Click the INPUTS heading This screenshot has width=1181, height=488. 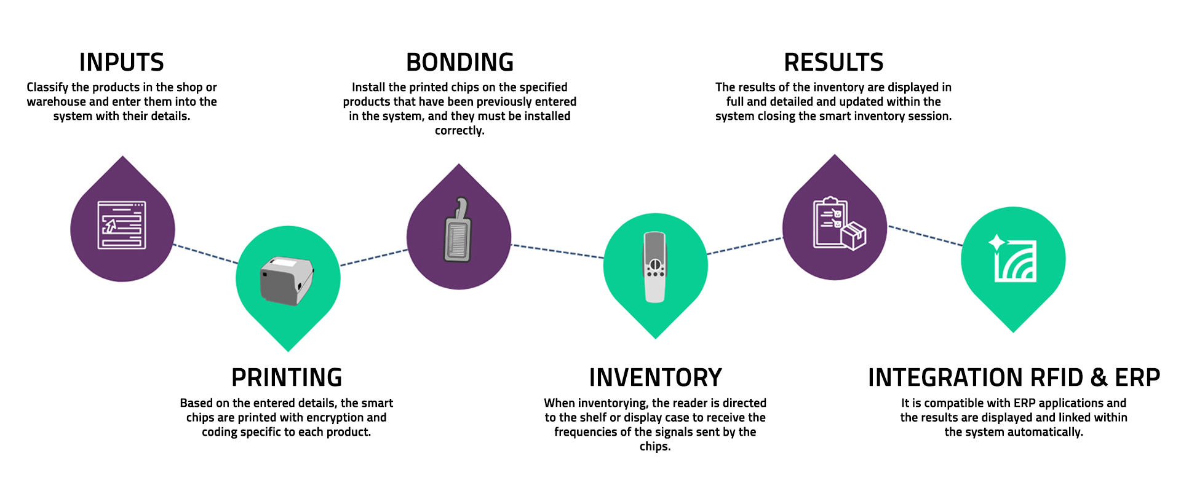[x=122, y=63]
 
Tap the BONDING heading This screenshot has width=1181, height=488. [x=460, y=63]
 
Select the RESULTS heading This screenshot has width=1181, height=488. [x=833, y=63]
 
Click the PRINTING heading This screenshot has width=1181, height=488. [x=287, y=377]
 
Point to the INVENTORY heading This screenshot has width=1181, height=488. [x=656, y=377]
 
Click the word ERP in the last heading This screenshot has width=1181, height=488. [x=1137, y=377]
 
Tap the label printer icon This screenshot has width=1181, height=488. [x=287, y=281]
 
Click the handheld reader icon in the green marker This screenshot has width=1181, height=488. [x=655, y=267]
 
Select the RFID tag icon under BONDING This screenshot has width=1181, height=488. [x=458, y=230]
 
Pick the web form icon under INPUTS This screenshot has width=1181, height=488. [x=122, y=225]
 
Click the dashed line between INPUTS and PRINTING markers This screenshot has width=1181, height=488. [x=205, y=254]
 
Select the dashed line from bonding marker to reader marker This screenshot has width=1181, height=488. [x=557, y=251]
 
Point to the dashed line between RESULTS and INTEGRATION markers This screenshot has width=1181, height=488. [x=926, y=236]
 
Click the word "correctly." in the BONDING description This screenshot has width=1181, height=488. [x=459, y=131]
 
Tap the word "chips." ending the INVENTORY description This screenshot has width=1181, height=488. [x=655, y=447]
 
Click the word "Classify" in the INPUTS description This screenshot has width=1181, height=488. [x=47, y=87]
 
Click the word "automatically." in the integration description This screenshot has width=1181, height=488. [x=1044, y=432]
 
